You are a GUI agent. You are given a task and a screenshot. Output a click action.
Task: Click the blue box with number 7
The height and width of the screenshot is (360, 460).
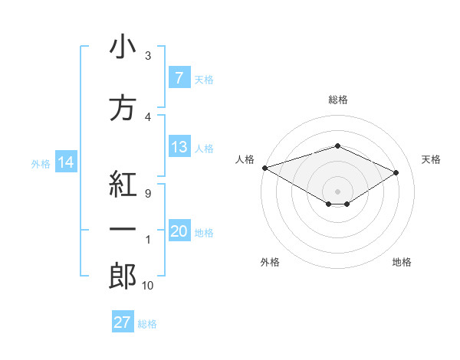(179, 78)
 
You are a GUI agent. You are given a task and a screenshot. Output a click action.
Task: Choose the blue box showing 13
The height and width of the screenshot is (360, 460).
(179, 147)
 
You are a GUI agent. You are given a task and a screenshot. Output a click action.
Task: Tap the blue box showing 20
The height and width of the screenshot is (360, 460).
(179, 232)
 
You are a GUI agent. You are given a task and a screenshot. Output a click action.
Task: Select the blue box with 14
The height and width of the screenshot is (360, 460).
(65, 162)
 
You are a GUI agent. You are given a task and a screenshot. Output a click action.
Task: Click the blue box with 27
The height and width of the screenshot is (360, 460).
(123, 322)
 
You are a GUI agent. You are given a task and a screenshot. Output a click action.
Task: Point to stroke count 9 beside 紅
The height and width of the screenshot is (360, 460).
(147, 193)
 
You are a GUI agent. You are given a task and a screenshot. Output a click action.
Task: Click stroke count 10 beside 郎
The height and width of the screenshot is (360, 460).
(147, 286)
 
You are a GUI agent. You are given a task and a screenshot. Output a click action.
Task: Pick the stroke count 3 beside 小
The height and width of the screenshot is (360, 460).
(147, 56)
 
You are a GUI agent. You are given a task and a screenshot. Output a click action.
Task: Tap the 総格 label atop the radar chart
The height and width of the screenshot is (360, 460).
(337, 100)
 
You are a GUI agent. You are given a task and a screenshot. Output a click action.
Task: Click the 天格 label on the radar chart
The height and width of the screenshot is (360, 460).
(431, 159)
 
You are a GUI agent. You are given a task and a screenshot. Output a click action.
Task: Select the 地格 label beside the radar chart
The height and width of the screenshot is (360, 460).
(402, 262)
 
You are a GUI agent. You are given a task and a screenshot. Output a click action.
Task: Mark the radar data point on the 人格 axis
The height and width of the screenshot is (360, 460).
(264, 168)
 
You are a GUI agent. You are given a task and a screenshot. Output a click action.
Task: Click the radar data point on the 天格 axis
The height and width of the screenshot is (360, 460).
(396, 172)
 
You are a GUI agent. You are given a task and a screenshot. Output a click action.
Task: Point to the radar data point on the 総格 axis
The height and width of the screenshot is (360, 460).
(337, 146)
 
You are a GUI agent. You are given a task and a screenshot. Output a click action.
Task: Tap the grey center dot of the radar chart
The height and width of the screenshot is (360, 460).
(337, 191)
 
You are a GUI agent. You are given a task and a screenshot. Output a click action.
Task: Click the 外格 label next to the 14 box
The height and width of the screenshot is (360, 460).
(41, 163)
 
